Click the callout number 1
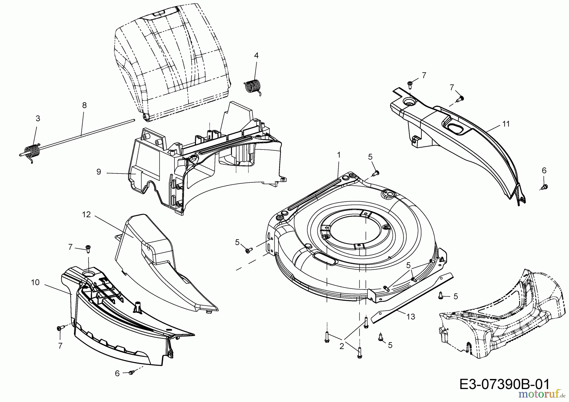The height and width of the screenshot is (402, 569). [339, 155]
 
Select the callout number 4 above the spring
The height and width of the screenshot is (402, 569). [256, 56]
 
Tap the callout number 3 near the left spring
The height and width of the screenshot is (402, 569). [38, 119]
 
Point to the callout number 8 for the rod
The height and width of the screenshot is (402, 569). [84, 105]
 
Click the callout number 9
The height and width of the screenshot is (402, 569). [99, 172]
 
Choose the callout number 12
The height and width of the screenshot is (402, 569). [86, 215]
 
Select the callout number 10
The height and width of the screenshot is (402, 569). [35, 282]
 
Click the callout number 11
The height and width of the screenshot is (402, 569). [506, 124]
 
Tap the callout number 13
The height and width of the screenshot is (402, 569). [411, 316]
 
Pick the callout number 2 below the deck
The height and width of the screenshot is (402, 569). [341, 346]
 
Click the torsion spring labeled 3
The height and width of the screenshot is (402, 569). [31, 151]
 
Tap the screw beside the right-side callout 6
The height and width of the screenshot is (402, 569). [544, 187]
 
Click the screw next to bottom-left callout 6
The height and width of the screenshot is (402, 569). [132, 373]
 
